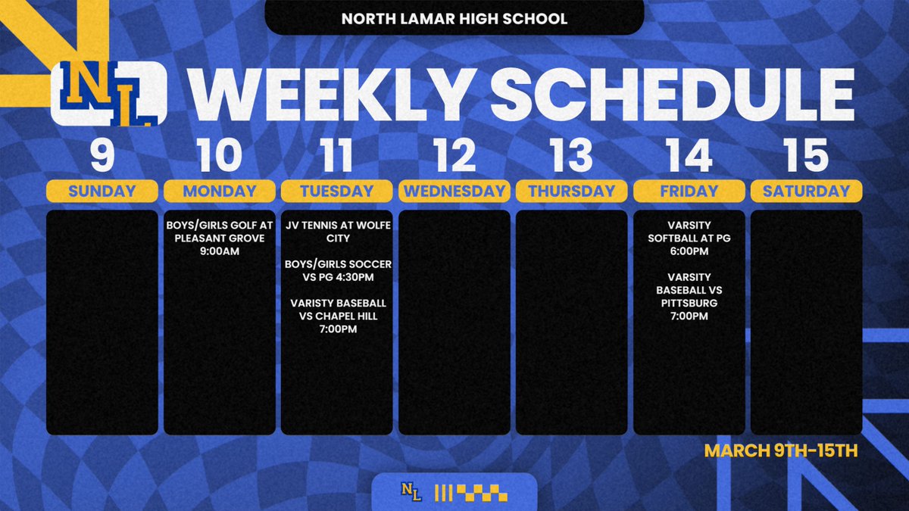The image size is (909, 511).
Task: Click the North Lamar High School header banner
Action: tap(454, 18)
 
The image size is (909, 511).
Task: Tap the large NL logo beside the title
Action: tap(108, 94)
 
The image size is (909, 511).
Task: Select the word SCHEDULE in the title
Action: tap(671, 94)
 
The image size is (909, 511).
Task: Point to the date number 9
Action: tap(102, 154)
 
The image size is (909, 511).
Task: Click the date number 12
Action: tap(454, 154)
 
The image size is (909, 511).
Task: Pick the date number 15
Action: tap(807, 154)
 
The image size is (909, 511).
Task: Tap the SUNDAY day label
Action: tap(102, 191)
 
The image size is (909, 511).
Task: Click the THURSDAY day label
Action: tap(572, 191)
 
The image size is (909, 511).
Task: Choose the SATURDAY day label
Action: tap(807, 191)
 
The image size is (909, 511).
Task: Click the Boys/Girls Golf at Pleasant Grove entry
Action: tap(220, 238)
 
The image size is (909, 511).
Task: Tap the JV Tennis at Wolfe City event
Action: tap(337, 232)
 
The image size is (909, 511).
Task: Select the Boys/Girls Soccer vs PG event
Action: tap(337, 270)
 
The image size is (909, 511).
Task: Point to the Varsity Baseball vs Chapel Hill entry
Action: tap(337, 316)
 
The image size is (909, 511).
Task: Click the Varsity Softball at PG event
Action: tap(689, 238)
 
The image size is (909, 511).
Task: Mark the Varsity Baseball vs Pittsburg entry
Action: tap(689, 296)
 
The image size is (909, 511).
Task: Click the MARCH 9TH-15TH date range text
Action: tap(780, 452)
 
